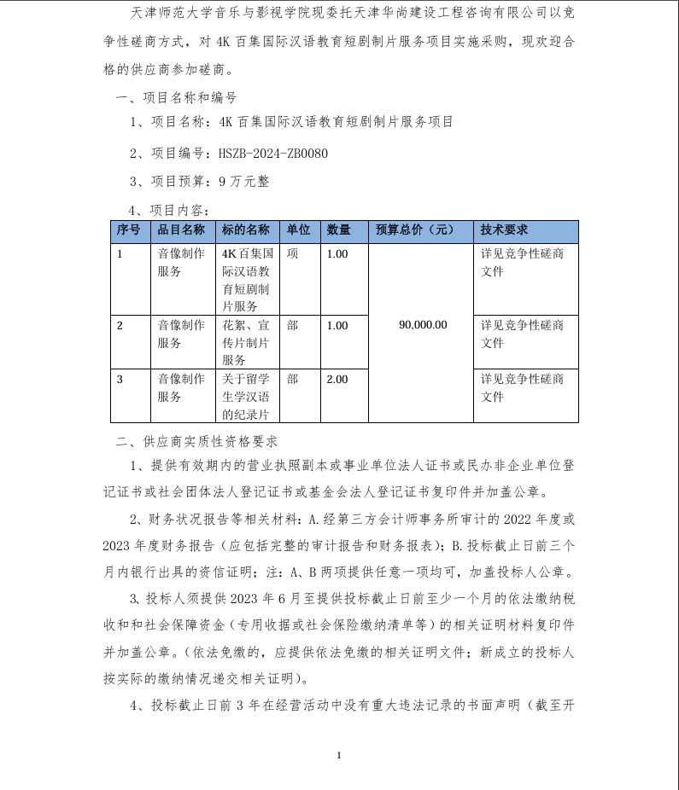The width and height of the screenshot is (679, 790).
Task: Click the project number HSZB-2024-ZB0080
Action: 273,154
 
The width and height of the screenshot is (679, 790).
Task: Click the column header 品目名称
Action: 181,230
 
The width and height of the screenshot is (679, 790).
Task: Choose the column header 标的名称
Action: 245,230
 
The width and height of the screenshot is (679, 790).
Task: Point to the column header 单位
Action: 298,230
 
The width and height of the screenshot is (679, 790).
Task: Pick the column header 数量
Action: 339,230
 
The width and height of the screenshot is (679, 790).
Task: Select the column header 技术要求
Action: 504,230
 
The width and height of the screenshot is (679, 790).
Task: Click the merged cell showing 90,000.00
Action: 423,324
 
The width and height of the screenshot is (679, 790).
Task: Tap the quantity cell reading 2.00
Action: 337,379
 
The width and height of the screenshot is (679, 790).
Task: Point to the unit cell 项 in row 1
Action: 293,253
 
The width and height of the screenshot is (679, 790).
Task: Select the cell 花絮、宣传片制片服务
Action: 246,342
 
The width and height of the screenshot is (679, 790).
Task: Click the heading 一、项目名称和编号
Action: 176,98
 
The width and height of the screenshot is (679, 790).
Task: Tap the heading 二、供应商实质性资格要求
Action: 196,442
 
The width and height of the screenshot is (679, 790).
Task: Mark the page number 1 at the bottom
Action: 339,754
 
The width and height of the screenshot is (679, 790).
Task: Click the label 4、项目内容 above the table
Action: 167,210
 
